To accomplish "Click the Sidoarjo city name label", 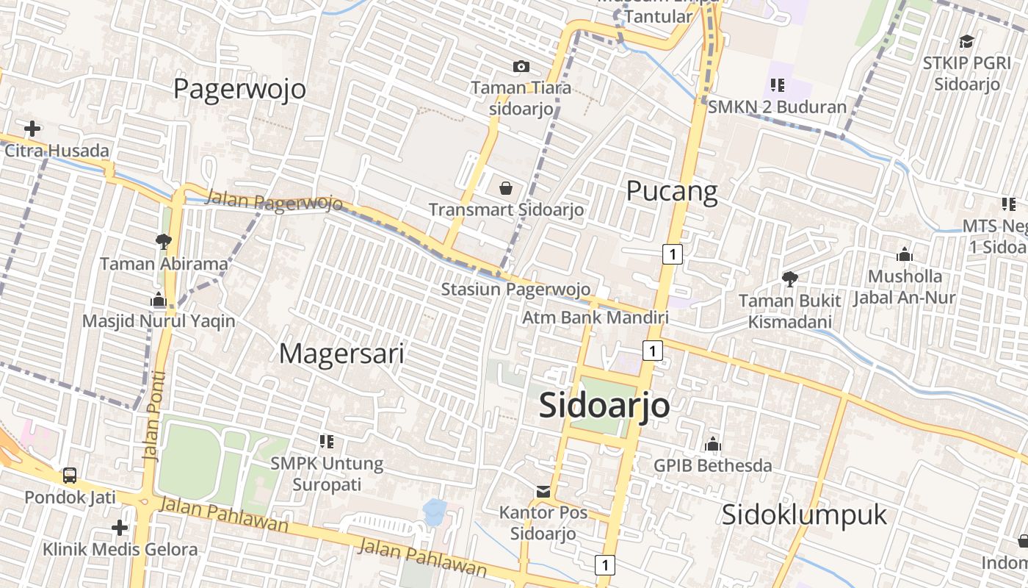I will (604, 405).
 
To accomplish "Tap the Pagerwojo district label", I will (239, 89).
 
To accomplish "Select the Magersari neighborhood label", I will (341, 354).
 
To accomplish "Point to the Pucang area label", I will (671, 191).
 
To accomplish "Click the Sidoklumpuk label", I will (804, 514).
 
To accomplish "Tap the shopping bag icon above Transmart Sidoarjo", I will (506, 188).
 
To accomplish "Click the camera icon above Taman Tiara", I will (521, 67).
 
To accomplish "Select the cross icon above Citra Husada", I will (32, 129).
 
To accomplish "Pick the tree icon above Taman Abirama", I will (164, 240).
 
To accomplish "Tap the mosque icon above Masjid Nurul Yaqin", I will (158, 299).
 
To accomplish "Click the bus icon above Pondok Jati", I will (70, 476).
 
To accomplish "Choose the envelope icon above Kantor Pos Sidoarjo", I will (543, 491).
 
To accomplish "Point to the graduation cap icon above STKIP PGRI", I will (966, 41).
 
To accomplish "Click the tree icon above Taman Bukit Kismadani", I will (790, 279).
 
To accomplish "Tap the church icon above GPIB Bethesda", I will (712, 444).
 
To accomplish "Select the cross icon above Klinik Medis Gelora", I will (120, 528).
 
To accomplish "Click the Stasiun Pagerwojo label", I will (515, 289).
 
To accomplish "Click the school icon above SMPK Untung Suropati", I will (327, 442).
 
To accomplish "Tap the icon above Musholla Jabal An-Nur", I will (905, 255).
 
